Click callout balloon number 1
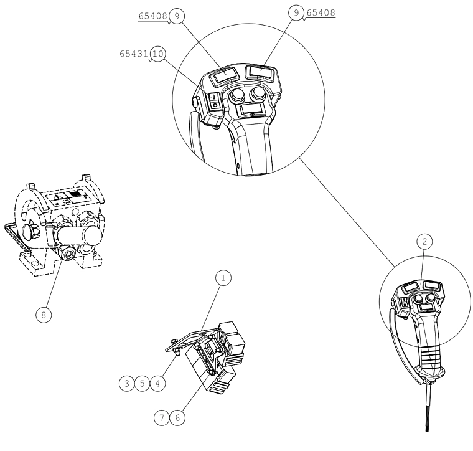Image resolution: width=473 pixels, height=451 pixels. coord(223,278)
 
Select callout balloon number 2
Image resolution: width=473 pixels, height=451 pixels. coord(424,242)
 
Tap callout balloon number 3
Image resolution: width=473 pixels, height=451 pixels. coord(127,383)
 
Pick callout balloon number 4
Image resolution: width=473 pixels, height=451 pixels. coord(157,383)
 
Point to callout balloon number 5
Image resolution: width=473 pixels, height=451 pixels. coord(142,383)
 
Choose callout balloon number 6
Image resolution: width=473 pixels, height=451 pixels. coord(177,418)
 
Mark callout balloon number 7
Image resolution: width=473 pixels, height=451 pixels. coord(162,418)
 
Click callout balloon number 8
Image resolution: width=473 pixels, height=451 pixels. coord(44,315)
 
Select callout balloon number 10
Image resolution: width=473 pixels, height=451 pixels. coord(158,54)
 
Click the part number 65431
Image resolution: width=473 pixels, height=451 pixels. coord(134,54)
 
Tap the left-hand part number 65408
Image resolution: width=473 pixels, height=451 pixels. coord(152,16)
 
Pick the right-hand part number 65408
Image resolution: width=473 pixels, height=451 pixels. coord(321,12)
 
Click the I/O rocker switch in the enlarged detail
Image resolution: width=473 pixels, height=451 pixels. coord(214,101)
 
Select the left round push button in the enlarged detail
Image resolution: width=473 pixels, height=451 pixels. coord(236,96)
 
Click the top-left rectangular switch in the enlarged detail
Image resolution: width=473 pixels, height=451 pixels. coord(224,74)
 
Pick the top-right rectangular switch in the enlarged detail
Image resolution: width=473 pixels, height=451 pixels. coord(261,72)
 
